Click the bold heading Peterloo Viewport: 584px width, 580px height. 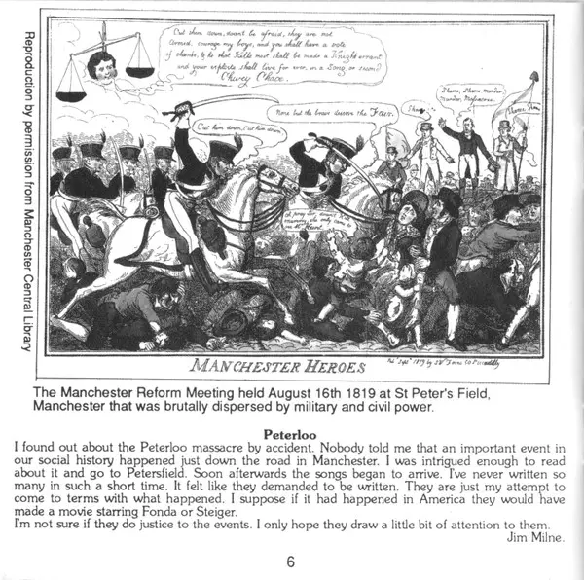[x=293, y=425]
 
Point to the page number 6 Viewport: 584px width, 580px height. [x=290, y=561]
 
